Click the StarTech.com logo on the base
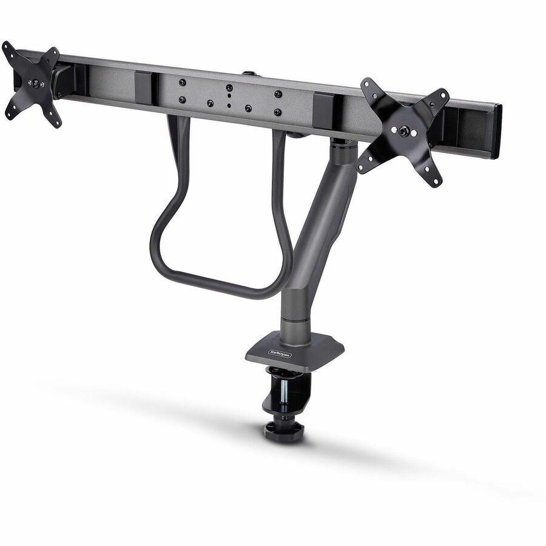coord(279,352)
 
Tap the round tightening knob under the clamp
coord(283,430)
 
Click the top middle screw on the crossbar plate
coord(229,87)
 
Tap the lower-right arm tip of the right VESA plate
coord(434,180)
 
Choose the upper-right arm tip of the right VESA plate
coord(443,95)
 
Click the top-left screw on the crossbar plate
coord(182,81)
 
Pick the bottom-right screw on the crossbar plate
coord(277,112)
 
